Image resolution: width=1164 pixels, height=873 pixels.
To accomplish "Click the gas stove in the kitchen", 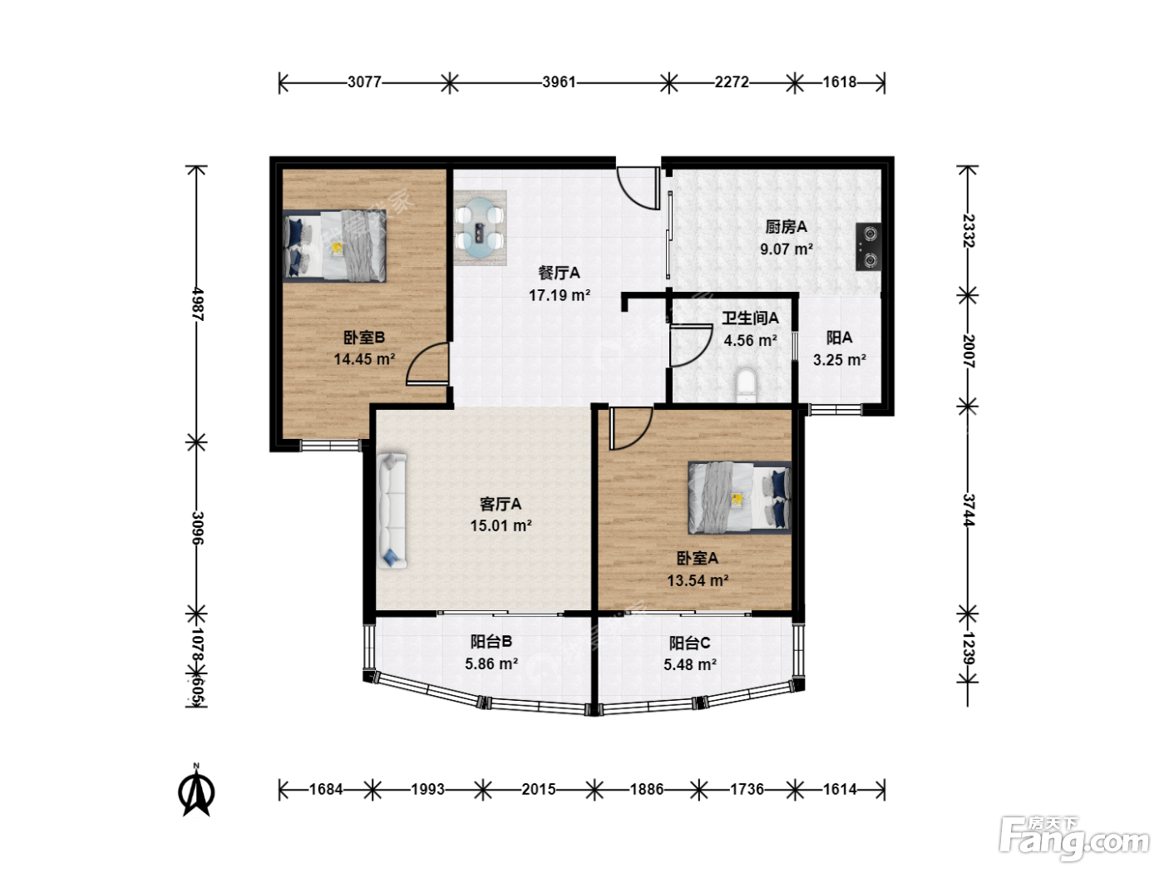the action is (x=868, y=247).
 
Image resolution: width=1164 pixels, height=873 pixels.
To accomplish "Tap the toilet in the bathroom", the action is (x=746, y=385).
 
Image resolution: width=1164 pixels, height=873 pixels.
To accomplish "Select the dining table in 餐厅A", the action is (x=480, y=228).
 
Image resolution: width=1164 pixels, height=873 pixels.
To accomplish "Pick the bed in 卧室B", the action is (x=334, y=246).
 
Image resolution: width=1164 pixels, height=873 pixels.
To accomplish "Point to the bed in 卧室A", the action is (x=740, y=498).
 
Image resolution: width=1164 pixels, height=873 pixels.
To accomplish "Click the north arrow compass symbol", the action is (x=196, y=791).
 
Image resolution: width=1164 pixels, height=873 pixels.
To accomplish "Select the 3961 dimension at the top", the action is (x=559, y=82).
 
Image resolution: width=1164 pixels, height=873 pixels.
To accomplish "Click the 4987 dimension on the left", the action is (x=197, y=304).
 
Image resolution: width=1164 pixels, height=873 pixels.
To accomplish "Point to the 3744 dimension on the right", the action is (x=969, y=510).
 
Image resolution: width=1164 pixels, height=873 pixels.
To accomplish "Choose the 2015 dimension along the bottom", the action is (x=538, y=789).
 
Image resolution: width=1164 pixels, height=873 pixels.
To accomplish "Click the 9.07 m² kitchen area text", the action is (x=787, y=249).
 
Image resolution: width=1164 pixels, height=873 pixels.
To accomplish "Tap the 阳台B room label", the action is (x=491, y=642).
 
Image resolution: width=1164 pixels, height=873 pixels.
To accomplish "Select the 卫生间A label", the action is (x=750, y=318).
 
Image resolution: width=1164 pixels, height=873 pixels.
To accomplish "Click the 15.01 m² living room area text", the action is (x=501, y=525).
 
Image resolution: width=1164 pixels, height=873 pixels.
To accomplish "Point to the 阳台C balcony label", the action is (x=689, y=643).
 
